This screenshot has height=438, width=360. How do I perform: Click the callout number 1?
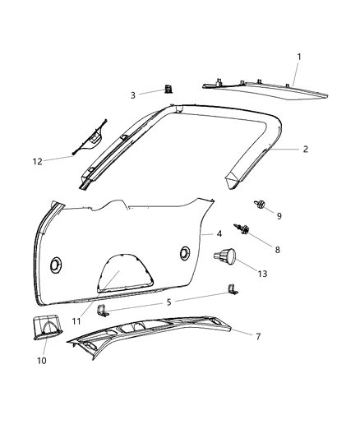coord(299,57)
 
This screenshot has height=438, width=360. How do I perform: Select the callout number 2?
coord(305,150)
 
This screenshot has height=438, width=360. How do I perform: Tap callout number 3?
coord(133,96)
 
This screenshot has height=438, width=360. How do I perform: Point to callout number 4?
coord(219,234)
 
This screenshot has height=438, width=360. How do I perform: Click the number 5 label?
coord(169,302)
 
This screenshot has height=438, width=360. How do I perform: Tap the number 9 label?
coord(279,215)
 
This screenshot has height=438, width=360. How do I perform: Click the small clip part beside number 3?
coord(168,90)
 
